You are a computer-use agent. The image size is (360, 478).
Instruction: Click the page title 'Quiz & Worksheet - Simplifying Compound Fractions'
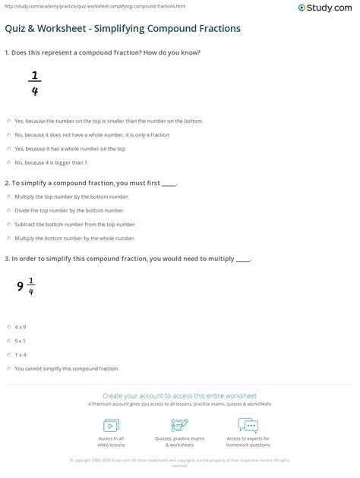click(123, 29)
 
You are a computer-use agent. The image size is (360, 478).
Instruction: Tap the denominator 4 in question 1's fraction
click(34, 93)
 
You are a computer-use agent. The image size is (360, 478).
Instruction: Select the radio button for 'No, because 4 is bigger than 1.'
click(9, 162)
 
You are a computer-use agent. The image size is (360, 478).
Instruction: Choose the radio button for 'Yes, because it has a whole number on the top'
click(9, 149)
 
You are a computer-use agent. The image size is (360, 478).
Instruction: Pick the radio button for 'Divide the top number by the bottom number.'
click(9, 210)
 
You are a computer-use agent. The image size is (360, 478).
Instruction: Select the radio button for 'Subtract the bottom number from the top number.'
click(9, 224)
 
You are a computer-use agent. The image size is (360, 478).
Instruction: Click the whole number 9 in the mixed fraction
click(21, 286)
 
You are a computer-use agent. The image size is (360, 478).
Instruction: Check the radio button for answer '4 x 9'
click(9, 326)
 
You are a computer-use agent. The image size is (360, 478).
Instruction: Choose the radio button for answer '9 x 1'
click(9, 341)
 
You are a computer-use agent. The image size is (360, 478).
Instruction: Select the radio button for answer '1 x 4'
click(9, 354)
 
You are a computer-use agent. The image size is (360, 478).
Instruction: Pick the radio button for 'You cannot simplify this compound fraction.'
click(9, 368)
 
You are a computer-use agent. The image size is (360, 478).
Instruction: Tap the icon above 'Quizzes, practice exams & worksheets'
click(180, 424)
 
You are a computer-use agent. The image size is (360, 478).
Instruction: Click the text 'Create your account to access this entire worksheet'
click(180, 396)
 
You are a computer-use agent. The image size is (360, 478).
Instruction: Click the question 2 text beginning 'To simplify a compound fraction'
click(90, 184)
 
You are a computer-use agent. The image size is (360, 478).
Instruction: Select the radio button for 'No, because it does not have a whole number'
click(9, 135)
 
